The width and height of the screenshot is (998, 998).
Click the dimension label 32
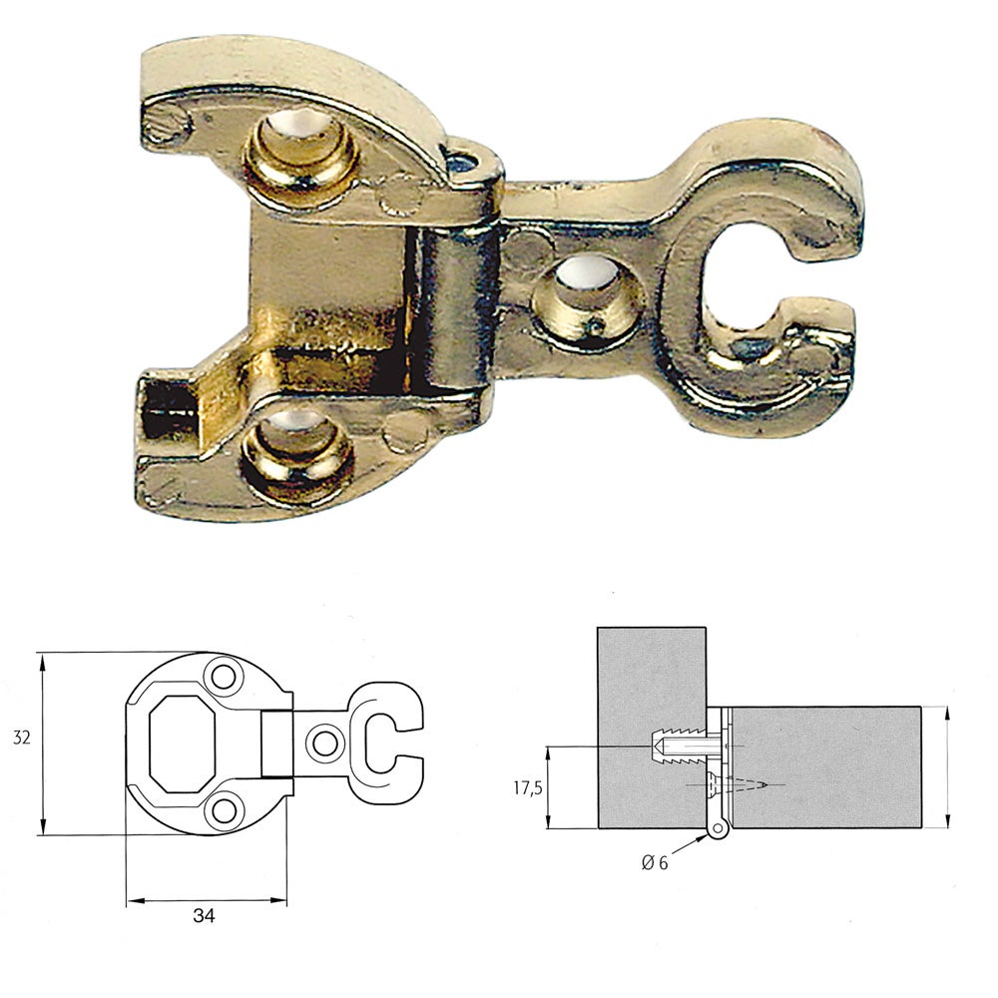21,739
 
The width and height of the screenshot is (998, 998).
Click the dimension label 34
204,914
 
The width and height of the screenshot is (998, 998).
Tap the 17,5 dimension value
528,787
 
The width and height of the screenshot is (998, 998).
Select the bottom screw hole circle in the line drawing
225,809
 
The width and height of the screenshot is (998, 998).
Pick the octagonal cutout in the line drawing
185,741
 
